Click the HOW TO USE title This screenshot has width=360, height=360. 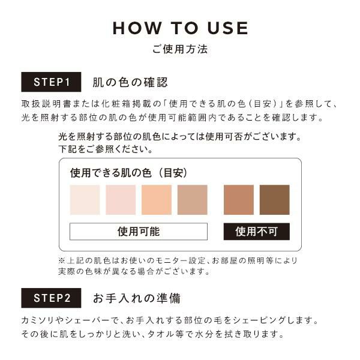[x=180, y=28]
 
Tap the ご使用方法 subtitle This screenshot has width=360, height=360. [x=180, y=49]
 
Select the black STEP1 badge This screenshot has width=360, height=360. [x=51, y=82]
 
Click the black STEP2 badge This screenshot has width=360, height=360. [x=51, y=298]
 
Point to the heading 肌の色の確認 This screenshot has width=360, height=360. [x=130, y=82]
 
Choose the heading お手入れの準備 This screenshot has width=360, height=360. [x=137, y=298]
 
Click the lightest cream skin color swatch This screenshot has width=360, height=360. [x=85, y=200]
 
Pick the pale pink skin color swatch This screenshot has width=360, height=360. [x=121, y=200]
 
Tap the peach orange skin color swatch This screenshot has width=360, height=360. [x=157, y=200]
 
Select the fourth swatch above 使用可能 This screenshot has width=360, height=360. [x=193, y=200]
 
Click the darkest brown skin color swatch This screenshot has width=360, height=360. [x=275, y=200]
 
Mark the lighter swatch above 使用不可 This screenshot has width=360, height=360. [x=239, y=200]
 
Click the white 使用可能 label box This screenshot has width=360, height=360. [x=139, y=232]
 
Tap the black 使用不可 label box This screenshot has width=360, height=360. [x=257, y=232]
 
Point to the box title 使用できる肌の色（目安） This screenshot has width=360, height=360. [x=129, y=173]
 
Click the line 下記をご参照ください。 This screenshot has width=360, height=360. [x=106, y=149]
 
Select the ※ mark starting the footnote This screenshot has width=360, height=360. [x=62, y=260]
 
